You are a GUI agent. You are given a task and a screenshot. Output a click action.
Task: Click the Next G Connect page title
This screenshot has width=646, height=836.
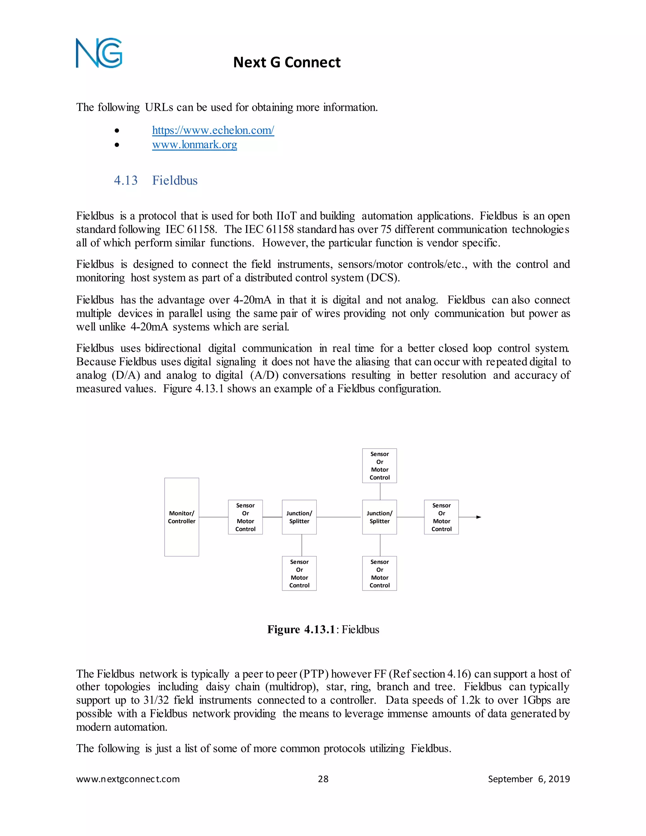(x=287, y=62)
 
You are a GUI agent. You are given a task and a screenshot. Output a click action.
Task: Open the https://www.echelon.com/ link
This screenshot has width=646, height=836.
(x=213, y=130)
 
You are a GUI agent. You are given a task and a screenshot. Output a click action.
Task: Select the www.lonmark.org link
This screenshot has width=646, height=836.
(x=194, y=145)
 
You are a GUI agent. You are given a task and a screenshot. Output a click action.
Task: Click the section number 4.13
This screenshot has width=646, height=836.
(x=126, y=180)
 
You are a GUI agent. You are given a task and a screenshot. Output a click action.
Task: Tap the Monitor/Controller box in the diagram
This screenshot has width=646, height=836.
(x=181, y=517)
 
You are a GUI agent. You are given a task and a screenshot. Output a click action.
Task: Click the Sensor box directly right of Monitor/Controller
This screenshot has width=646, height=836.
(x=245, y=517)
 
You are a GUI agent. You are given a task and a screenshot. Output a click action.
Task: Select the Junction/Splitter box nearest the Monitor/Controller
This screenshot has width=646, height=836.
(x=299, y=517)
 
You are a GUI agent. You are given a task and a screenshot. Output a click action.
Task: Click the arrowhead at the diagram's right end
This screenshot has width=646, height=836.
(x=479, y=517)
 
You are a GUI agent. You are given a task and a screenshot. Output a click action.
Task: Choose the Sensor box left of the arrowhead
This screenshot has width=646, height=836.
(x=441, y=517)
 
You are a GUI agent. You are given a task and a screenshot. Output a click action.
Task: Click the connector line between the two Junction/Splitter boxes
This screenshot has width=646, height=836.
(x=339, y=517)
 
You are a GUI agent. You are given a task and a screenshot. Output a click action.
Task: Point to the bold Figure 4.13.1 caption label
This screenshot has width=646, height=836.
(x=301, y=629)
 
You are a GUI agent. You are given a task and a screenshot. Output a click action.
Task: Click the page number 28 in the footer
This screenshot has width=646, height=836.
(x=323, y=779)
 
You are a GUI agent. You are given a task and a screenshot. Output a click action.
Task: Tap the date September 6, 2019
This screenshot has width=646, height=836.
(x=529, y=779)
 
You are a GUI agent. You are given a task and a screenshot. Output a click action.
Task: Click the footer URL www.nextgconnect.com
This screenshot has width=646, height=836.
(x=128, y=779)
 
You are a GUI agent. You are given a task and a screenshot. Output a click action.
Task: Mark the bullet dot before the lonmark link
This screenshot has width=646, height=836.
(x=117, y=145)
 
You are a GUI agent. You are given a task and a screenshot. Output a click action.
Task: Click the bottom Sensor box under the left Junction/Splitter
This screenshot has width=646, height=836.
(x=299, y=574)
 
